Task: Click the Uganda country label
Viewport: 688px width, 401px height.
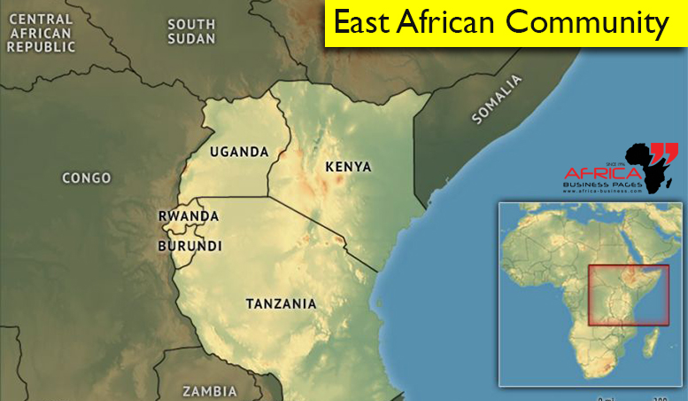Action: coord(239,152)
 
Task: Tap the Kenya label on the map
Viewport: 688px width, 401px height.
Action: coord(348,167)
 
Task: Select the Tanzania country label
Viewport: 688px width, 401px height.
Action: coord(281,303)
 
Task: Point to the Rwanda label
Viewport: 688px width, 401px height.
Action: coord(188,216)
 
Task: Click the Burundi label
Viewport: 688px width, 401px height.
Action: coord(189,246)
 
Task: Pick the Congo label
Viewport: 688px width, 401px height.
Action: coord(87,178)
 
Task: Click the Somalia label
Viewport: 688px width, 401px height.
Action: coord(499,98)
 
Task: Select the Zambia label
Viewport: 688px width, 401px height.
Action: coord(210,390)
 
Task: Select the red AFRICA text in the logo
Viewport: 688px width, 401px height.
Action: coord(595,172)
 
